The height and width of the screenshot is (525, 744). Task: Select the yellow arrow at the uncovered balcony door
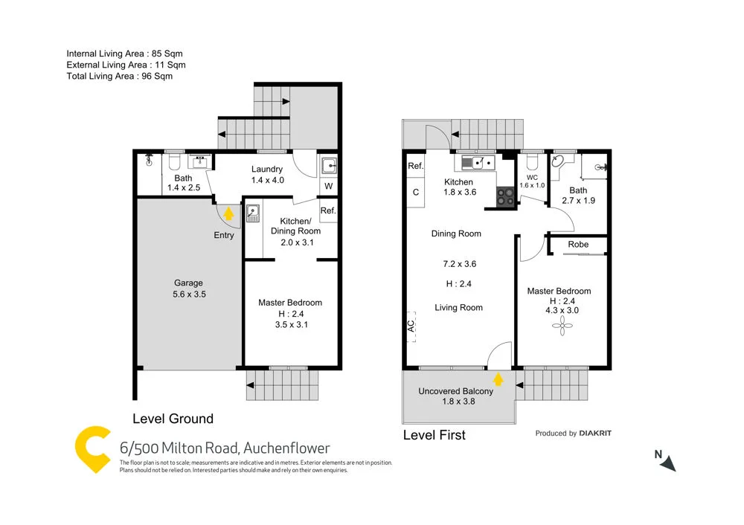coord(498,380)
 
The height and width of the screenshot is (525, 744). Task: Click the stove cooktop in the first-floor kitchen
coord(505,197)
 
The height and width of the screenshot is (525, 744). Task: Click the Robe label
coord(578,244)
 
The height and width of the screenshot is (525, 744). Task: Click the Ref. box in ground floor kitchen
coord(328,211)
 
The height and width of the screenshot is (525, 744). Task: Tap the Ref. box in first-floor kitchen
coord(415,167)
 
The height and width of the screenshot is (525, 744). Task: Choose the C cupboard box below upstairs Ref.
coord(415,193)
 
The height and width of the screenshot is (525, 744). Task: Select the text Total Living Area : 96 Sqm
coord(119,76)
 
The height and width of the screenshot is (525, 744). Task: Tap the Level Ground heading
coord(173,419)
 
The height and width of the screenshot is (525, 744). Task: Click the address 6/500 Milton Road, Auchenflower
coord(225,448)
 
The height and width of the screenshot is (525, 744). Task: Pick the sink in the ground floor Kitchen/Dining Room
coord(253,213)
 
